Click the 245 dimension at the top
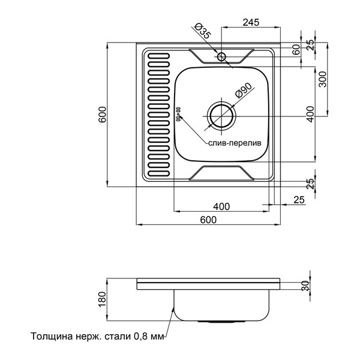pos(251,22)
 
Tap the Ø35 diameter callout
pos(202,31)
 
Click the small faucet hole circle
pos(222,56)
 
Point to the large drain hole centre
pos(221,116)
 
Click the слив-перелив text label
pos(235,143)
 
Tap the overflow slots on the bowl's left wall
pos(178,114)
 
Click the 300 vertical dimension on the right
pos(323,79)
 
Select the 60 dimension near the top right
pos(296,50)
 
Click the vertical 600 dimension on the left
pos(103,115)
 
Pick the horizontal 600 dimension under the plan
pos(208,220)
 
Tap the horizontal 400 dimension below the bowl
pos(221,206)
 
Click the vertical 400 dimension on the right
pos(310,114)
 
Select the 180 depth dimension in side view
pos(102,299)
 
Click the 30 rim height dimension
pos(305,286)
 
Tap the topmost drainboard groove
pos(158,56)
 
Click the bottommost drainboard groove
pos(158,173)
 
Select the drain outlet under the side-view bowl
pos(221,322)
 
